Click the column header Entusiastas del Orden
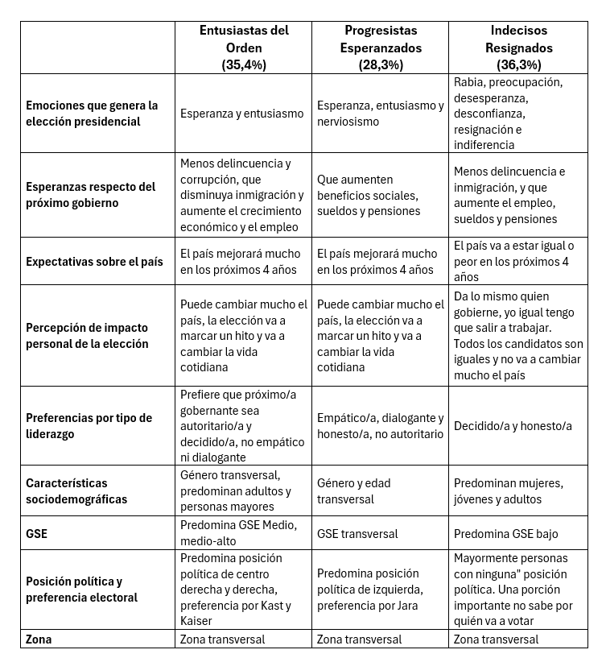(x=244, y=39)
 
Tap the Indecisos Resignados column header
(x=518, y=39)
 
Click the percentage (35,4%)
(x=244, y=65)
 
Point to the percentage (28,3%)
(x=381, y=65)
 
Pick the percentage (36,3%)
(x=518, y=65)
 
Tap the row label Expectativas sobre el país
(x=94, y=261)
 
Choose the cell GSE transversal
(x=357, y=533)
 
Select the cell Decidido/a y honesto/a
(x=513, y=425)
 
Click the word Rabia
(x=470, y=82)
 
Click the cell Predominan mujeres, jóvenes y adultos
(x=508, y=490)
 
